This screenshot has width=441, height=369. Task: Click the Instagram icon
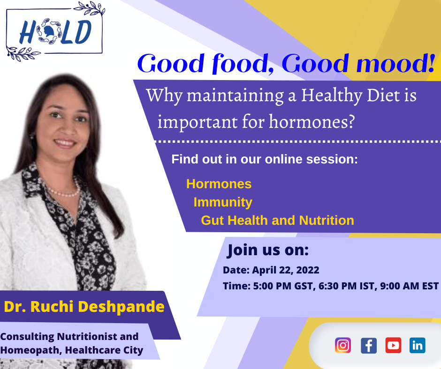coord(343,345)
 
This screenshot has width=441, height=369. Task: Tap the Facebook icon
coord(368,346)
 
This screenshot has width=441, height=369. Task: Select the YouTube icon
coord(393,346)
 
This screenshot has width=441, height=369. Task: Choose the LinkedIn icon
coord(418,346)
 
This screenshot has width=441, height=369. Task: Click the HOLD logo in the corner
coord(55,31)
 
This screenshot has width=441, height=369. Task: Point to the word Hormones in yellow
coord(219,184)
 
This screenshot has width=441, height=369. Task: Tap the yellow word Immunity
coord(223,202)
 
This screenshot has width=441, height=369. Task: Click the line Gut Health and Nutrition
coord(277,221)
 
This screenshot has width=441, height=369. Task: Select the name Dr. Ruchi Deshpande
coord(84,307)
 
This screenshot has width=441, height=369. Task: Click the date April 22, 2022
coord(285,270)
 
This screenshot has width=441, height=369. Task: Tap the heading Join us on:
coord(268,250)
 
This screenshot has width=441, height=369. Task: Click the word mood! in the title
coord(395,64)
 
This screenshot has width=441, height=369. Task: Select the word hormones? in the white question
coord(312,122)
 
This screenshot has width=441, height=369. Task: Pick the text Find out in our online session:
coord(265,159)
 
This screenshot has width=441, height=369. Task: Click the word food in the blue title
coord(243,64)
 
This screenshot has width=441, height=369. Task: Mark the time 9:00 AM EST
coord(409,286)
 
